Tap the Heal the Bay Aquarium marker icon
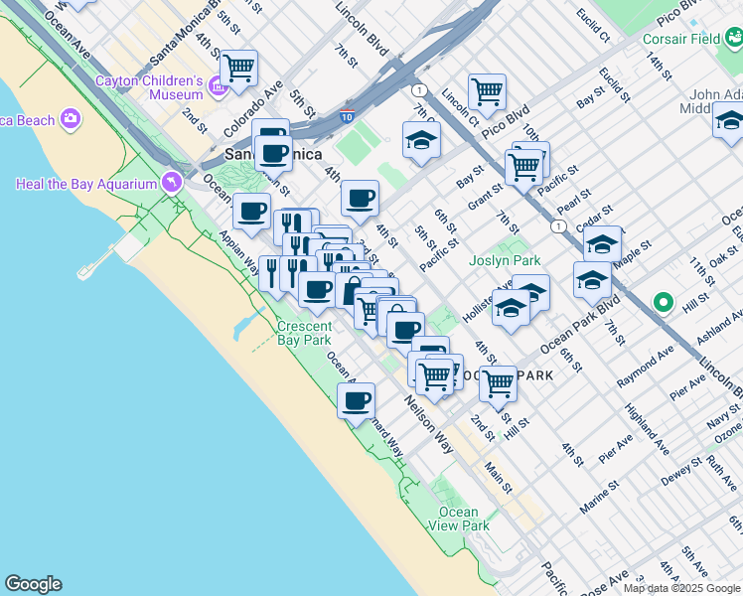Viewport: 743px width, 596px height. [173, 183]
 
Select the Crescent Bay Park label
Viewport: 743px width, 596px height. [304, 333]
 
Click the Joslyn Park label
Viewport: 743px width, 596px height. [505, 260]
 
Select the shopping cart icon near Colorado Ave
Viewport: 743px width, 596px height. [238, 69]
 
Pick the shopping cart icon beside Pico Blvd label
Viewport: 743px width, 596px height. [487, 92]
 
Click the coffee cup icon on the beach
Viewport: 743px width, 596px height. [356, 401]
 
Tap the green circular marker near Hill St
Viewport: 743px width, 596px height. [663, 302]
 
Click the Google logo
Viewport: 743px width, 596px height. [33, 584]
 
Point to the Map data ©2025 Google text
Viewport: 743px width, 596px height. [681, 588]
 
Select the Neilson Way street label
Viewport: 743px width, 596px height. [428, 425]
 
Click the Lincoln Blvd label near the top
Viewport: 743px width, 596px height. [361, 27]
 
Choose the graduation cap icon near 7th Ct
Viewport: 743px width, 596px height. [421, 140]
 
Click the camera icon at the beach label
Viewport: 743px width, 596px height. [70, 120]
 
